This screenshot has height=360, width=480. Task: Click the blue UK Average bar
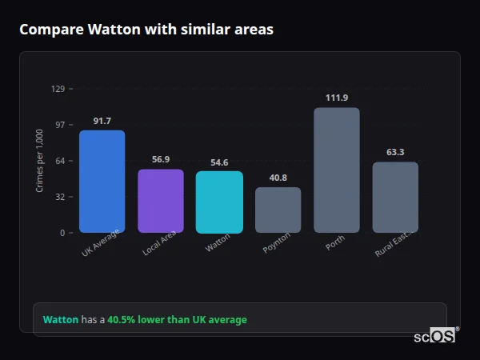(102, 182)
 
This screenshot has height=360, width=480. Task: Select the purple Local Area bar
(161, 201)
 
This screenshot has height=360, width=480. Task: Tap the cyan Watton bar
(219, 202)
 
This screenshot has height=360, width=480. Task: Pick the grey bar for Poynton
(278, 210)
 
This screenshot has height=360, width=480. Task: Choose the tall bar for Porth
(337, 170)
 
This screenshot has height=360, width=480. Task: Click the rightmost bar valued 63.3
(395, 198)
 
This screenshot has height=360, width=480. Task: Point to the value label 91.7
(102, 121)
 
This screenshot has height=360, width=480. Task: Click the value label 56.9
(161, 159)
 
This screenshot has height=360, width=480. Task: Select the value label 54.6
(219, 162)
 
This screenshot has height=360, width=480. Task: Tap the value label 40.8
(278, 178)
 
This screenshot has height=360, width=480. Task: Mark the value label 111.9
(337, 98)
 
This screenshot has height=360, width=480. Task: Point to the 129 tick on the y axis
(58, 89)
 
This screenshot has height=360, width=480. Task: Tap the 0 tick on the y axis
(62, 233)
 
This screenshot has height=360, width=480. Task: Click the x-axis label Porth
(335, 243)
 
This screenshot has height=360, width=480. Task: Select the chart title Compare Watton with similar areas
(146, 30)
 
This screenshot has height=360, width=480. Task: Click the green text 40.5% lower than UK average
(177, 320)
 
